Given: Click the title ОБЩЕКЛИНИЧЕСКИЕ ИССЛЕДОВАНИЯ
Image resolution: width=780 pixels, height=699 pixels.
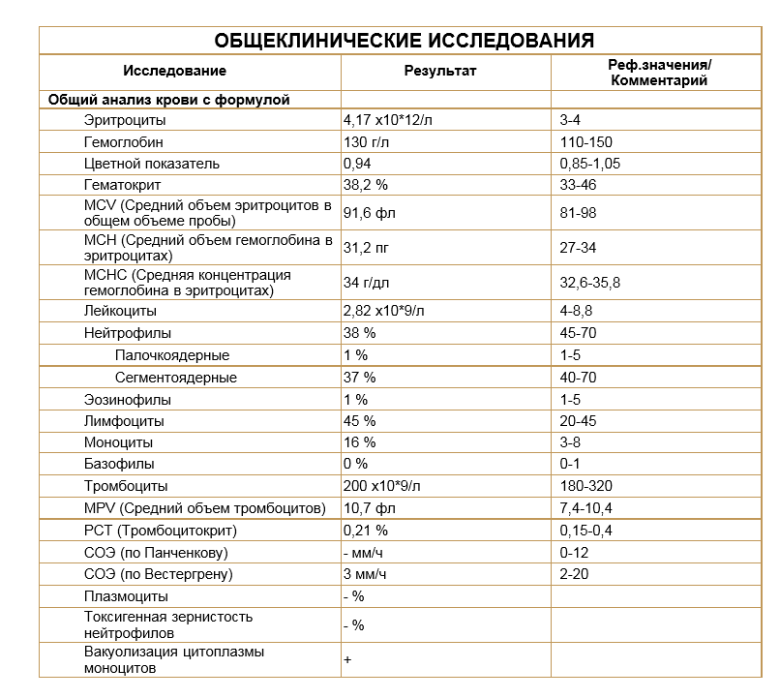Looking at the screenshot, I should pyautogui.click(x=404, y=41).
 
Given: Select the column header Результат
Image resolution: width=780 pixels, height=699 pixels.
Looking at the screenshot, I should pyautogui.click(x=440, y=71).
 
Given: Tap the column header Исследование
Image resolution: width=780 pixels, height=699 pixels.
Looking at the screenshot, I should pyautogui.click(x=175, y=71).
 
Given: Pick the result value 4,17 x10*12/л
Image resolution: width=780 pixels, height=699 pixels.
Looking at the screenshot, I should pyautogui.click(x=389, y=121).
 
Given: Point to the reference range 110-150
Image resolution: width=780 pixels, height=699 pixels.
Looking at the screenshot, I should pyautogui.click(x=585, y=142).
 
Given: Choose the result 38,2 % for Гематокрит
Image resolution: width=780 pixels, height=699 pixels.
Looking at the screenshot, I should pyautogui.click(x=365, y=185).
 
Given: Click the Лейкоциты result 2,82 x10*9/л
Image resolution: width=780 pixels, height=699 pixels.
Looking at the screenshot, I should pyautogui.click(x=384, y=312).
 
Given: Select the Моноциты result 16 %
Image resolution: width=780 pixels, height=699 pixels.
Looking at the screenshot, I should pyautogui.click(x=359, y=442).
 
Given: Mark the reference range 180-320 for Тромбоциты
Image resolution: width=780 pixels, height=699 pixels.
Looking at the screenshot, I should pyautogui.click(x=585, y=486).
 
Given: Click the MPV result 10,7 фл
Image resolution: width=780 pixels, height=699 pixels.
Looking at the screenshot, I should pyautogui.click(x=370, y=508).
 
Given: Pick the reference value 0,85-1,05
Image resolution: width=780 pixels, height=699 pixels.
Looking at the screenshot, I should pyautogui.click(x=589, y=164).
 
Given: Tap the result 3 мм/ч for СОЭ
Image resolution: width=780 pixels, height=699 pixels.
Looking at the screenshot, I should pyautogui.click(x=365, y=574).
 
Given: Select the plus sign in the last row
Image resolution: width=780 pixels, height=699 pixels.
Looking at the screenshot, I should pyautogui.click(x=346, y=659).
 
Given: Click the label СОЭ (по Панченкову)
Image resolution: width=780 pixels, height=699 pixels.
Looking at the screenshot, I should pyautogui.click(x=156, y=553).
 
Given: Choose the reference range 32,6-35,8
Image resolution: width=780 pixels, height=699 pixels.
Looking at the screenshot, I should pyautogui.click(x=589, y=283).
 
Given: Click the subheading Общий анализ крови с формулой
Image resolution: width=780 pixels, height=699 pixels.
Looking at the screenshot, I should pyautogui.click(x=169, y=100).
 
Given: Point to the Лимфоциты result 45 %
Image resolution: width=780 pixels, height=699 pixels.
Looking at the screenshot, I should pyautogui.click(x=359, y=421).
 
